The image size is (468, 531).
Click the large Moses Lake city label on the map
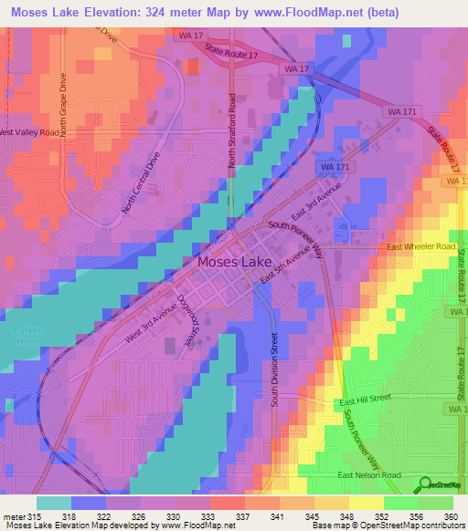(235, 263)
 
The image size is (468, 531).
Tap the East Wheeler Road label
(420, 246)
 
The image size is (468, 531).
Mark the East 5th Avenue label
(280, 271)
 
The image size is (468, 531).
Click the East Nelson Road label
(369, 475)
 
